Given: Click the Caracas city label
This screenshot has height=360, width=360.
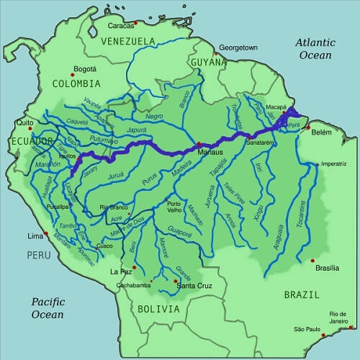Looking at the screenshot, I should click(122, 25).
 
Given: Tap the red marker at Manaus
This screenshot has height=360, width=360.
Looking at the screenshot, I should click(198, 145).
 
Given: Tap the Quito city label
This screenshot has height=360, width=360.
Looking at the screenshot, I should click(26, 122).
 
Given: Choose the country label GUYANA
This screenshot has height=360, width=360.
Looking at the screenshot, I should click(209, 63).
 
